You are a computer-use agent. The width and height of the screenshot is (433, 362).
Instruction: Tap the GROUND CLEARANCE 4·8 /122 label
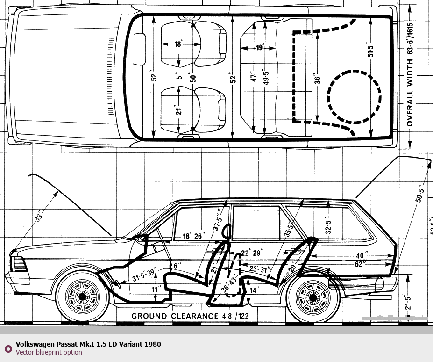pos(190,316)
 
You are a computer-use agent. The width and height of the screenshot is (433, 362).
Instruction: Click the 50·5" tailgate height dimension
pos(419,194)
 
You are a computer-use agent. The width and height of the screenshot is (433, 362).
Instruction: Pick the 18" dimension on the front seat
pos(178,44)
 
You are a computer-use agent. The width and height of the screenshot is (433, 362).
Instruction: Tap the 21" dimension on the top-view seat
pos(178,110)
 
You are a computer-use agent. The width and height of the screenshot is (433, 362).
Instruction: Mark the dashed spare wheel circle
pos(354,96)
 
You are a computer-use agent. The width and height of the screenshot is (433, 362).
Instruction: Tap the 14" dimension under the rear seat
pos(253,290)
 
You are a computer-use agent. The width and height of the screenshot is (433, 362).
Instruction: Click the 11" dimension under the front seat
pos(156,289)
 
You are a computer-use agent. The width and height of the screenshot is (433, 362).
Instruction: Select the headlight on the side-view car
pos(19,264)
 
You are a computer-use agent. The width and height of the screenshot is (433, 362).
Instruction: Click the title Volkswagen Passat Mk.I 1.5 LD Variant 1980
pos(88,344)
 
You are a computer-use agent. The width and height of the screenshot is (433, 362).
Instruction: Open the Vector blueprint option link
pos(49,352)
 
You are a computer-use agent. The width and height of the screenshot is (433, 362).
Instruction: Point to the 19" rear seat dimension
pos(260,47)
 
